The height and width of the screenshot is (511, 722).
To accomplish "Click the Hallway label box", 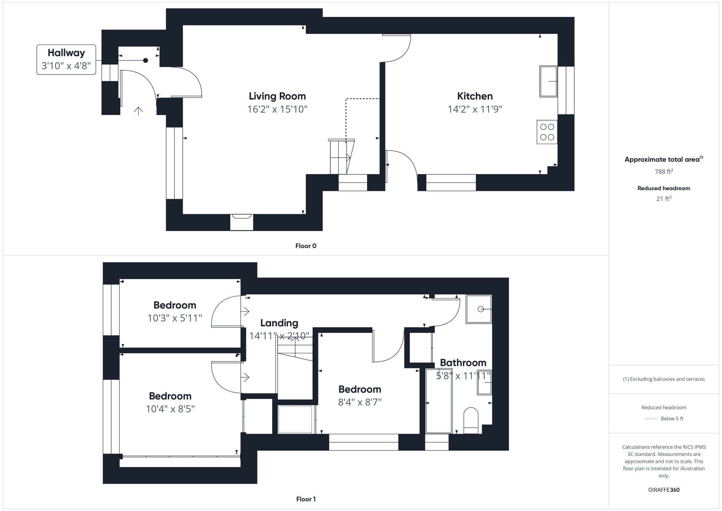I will click(66, 60).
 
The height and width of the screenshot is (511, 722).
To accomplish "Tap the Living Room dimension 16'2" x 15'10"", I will click(277, 109).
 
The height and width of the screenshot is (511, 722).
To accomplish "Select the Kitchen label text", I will click(475, 96).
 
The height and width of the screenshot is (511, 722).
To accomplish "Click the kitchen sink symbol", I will click(548, 81).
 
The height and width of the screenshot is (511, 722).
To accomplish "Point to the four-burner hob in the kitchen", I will click(547, 132).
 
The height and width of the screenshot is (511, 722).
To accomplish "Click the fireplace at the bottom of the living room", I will click(242, 221).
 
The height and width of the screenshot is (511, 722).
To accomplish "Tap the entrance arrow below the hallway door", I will click(138, 111).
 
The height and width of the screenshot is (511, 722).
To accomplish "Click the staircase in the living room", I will click(340, 157).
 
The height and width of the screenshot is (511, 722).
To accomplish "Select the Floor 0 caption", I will click(306, 246).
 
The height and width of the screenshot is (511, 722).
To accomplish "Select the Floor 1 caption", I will click(306, 499).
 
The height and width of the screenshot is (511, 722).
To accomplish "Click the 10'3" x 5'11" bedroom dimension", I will click(175, 318).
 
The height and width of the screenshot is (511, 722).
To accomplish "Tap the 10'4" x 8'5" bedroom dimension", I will click(170, 409).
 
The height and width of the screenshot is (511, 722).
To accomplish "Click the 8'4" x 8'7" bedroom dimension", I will click(360, 402).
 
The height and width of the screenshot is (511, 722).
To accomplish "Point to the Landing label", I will click(279, 323).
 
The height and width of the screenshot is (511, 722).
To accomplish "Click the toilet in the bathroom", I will click(471, 420).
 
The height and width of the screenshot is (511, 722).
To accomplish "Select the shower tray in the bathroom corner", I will click(479, 309).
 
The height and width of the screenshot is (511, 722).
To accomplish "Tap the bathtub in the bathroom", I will click(439, 401).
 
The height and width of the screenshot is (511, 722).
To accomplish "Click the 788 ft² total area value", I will click(664, 172).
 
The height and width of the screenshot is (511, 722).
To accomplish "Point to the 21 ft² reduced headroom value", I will click(664, 198).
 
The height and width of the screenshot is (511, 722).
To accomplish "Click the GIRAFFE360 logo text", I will click(664, 490).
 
